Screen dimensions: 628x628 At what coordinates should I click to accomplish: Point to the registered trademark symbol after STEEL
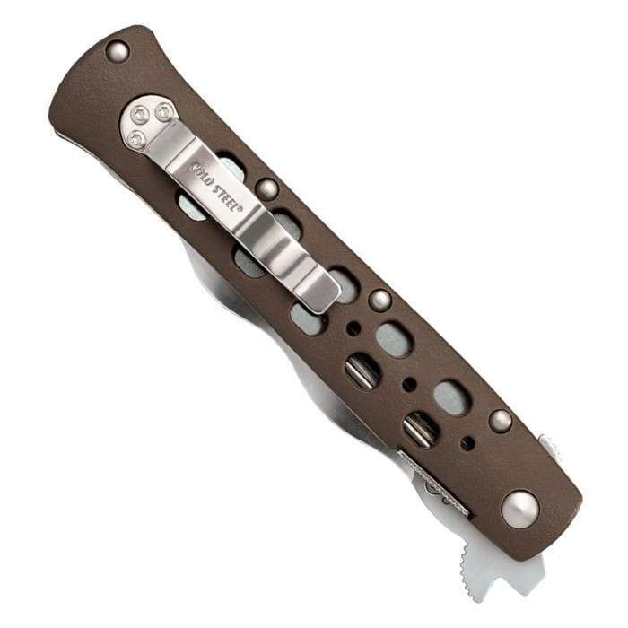[x=240, y=209]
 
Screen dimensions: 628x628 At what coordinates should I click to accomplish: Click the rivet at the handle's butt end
[x=118, y=52]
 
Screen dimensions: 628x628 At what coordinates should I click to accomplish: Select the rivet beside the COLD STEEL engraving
[x=266, y=189]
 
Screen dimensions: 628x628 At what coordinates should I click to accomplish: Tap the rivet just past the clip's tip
[x=379, y=300]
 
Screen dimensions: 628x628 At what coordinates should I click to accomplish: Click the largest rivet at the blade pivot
[x=520, y=510]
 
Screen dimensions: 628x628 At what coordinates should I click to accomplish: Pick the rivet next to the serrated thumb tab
[x=501, y=421]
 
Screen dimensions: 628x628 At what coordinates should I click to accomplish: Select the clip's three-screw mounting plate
[x=150, y=122]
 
